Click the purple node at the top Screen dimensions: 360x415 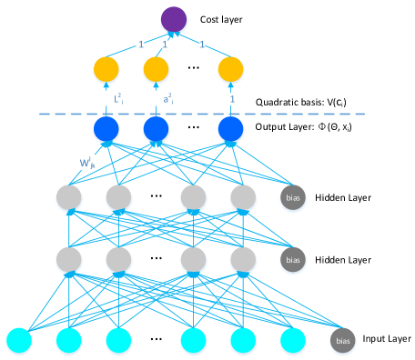[174, 20]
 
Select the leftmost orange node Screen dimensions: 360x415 [106, 69]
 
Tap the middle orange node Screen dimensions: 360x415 [156, 69]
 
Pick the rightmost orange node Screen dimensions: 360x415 [230, 69]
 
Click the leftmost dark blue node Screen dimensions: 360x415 [106, 130]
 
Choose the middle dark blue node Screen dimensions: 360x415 [156, 130]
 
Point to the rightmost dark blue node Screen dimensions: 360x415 [230, 130]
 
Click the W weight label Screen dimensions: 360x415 [87, 163]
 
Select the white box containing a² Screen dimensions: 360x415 [156, 97]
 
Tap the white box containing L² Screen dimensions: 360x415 [106, 97]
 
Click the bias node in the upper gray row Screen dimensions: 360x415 [293, 198]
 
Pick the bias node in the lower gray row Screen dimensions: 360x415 [293, 260]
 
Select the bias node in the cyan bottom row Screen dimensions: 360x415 [343, 341]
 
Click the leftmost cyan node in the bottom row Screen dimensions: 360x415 [19, 341]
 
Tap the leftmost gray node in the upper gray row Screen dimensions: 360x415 [69, 198]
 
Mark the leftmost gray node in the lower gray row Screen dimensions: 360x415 [69, 260]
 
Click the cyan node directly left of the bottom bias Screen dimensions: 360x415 [293, 341]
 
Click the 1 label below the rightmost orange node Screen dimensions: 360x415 [231, 98]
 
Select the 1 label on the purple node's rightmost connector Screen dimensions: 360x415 [202, 43]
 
